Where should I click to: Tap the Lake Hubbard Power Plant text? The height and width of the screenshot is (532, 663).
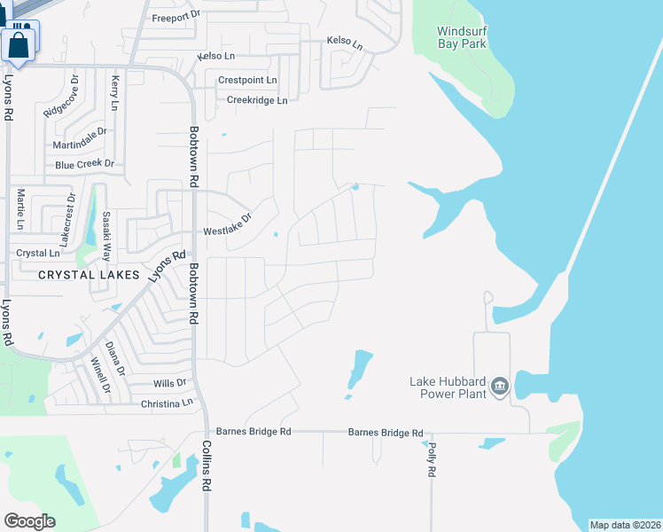(447, 387)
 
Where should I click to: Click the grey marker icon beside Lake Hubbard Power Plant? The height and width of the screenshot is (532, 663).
(499, 386)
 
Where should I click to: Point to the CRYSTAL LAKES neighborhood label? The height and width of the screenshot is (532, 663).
(89, 275)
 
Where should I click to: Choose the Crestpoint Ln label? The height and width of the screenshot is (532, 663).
(247, 80)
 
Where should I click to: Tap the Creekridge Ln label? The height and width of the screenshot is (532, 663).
(257, 100)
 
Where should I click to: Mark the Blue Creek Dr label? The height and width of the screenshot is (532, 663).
(85, 164)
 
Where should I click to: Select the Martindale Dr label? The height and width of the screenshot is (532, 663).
(79, 138)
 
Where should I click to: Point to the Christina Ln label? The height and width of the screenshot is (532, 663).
(167, 403)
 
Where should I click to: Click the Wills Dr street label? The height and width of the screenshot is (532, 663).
(170, 383)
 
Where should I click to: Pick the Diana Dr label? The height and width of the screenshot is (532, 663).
(113, 357)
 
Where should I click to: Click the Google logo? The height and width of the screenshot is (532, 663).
(29, 521)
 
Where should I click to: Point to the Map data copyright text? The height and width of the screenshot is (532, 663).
(623, 525)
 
